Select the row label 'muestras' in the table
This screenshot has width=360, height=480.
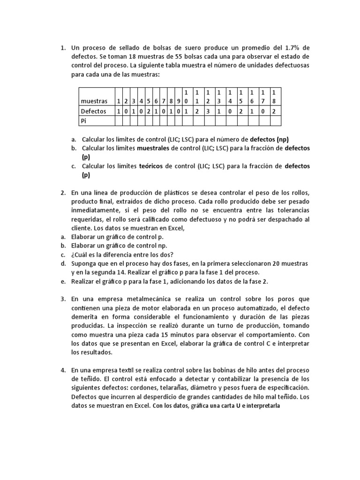[x=94, y=101]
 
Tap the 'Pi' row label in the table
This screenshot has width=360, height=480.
[x=84, y=120]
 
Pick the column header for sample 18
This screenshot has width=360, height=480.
[x=275, y=96]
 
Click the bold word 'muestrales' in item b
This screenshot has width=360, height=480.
[x=154, y=148]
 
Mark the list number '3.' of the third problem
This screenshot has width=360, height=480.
[x=63, y=299]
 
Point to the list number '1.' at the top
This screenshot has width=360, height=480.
[x=63, y=48]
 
